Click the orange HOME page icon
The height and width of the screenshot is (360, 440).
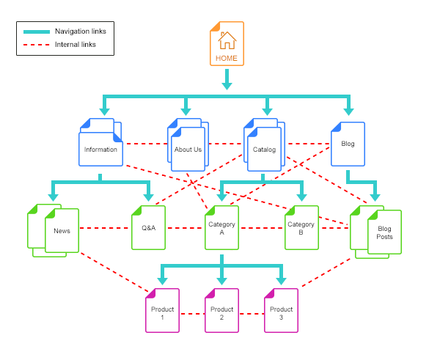tap(227, 44)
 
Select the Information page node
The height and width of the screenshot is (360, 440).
tap(100, 150)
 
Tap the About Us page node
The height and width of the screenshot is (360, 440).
tap(188, 150)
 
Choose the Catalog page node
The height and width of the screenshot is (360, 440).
tap(264, 150)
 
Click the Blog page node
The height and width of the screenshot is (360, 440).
tap(348, 144)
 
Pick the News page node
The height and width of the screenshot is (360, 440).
tap(62, 231)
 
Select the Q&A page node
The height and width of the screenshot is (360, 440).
tap(149, 228)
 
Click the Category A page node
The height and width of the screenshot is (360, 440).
tap(221, 228)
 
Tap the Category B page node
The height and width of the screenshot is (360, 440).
tap(301, 228)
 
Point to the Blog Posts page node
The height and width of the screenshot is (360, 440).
tap(384, 232)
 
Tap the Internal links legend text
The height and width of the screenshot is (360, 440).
tap(76, 45)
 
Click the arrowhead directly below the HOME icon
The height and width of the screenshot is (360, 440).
tap(227, 85)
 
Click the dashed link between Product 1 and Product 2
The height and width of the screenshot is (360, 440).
tap(191, 314)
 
